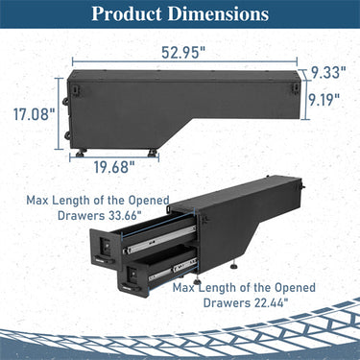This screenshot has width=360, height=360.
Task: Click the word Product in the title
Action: [x=132, y=14]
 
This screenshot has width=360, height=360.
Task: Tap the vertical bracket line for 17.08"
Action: [x=59, y=113]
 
